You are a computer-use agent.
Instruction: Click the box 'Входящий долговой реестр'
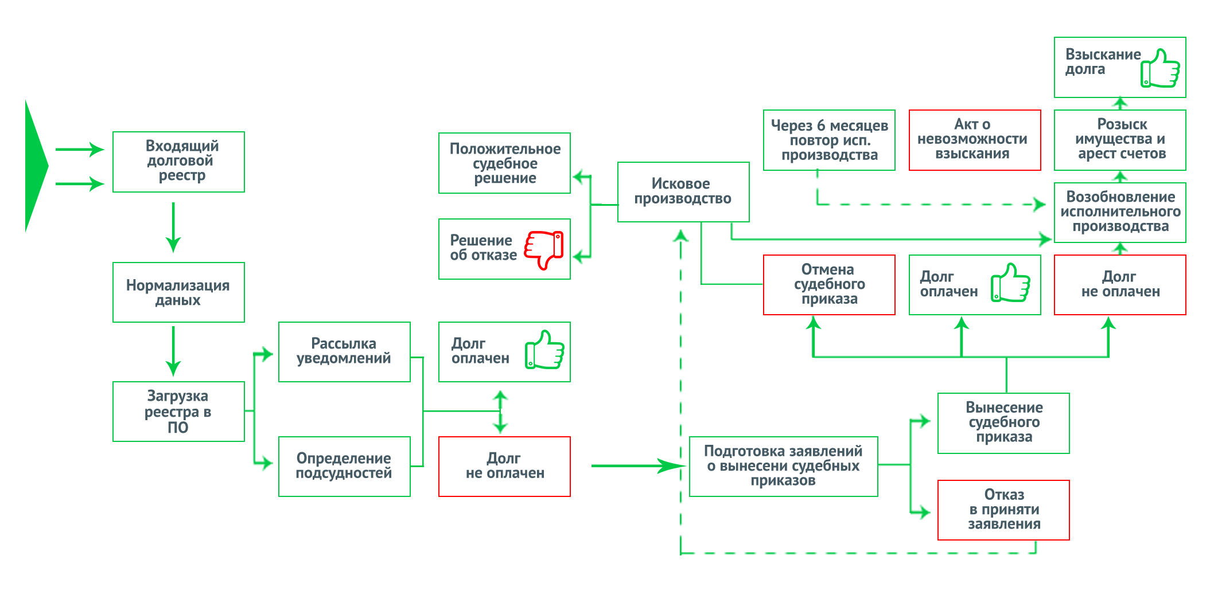[x=178, y=162]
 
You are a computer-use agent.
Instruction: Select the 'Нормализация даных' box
[x=178, y=292]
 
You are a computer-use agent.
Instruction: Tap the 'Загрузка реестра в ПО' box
[x=178, y=412]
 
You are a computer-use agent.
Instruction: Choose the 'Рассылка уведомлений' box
[x=344, y=352]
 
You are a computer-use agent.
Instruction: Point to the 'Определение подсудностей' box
[x=344, y=467]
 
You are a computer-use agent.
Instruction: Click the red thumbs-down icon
[x=544, y=249]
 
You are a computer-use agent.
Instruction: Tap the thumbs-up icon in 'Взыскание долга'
[x=1160, y=68]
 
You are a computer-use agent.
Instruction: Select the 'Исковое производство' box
[x=683, y=192]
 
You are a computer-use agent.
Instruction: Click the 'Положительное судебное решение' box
[x=504, y=163]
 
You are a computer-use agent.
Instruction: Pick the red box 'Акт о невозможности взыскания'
[x=975, y=140]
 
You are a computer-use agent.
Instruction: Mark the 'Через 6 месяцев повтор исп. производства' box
[x=829, y=140]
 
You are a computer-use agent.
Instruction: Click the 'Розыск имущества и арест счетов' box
[x=1120, y=140]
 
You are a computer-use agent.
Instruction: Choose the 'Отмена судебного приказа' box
[x=829, y=285]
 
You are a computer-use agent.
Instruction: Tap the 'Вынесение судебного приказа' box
[x=1003, y=423]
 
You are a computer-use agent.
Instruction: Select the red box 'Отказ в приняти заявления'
[x=1003, y=510]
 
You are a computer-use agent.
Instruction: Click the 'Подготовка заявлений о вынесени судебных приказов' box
[x=783, y=467]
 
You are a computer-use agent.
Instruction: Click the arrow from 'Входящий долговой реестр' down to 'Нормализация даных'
[x=173, y=227]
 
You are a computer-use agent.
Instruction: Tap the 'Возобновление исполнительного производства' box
[x=1120, y=213]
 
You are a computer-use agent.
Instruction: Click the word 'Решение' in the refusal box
[x=481, y=241]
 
